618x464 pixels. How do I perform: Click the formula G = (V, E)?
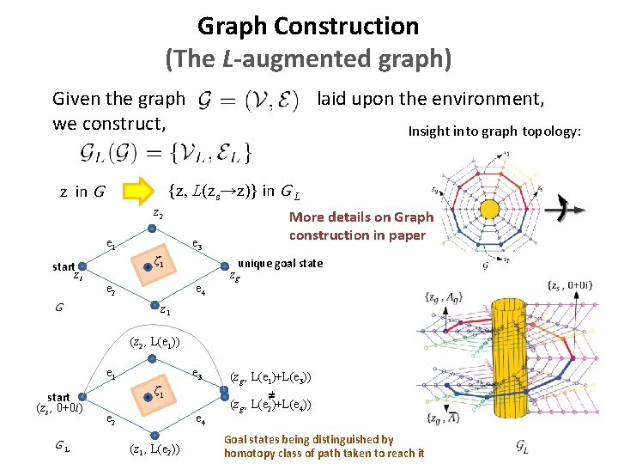pyautogui.click(x=248, y=101)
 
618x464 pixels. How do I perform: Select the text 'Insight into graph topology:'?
pyautogui.click(x=494, y=131)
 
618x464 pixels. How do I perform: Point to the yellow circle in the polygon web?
pyautogui.click(x=490, y=209)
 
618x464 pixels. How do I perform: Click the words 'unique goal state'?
pyautogui.click(x=280, y=263)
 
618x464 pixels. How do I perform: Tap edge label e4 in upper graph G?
pyautogui.click(x=199, y=290)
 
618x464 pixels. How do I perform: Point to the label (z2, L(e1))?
pyautogui.click(x=154, y=342)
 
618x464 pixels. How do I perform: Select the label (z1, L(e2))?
pyautogui.click(x=154, y=448)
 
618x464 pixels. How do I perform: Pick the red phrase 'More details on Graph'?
pyautogui.click(x=360, y=217)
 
